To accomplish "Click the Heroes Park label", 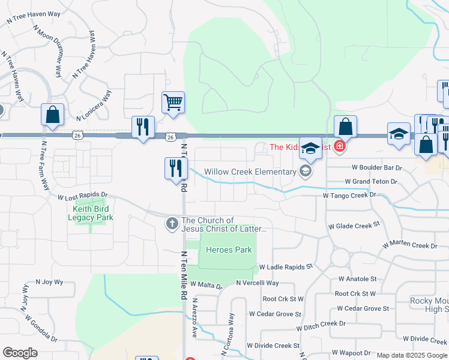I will (x=229, y=250).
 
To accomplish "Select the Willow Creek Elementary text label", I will (x=250, y=172).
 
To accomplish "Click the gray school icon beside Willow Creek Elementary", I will (x=306, y=172).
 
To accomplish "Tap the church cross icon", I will (x=172, y=224).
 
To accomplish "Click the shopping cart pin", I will (x=173, y=102).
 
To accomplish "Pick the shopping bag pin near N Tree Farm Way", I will (x=52, y=115).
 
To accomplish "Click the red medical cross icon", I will (x=340, y=146).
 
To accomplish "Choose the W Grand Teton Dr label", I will (x=371, y=181).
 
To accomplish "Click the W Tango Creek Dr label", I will (x=349, y=195).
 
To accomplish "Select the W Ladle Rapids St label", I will (x=286, y=266).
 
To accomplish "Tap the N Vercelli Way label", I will (x=258, y=283).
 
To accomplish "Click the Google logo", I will (x=20, y=353).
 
